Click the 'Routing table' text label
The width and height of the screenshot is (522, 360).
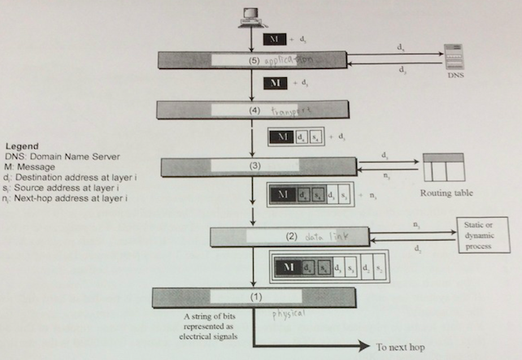446,195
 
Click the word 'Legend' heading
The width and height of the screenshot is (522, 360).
22,146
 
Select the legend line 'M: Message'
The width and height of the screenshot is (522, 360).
29,167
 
